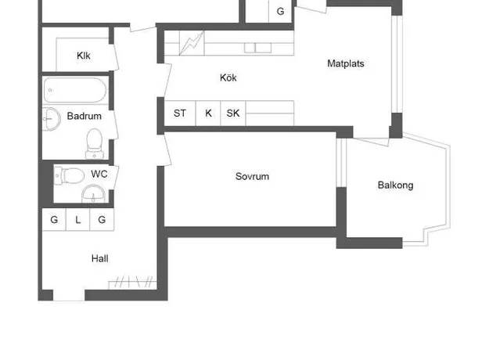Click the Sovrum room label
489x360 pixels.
(x=252, y=176)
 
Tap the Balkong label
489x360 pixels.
(x=395, y=185)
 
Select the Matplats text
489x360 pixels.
(x=346, y=63)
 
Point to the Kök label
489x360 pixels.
(x=228, y=77)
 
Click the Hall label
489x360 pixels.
(x=100, y=258)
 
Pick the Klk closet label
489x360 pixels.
(x=83, y=56)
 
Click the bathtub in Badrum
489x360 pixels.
(x=75, y=90)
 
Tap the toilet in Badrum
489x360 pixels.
(x=94, y=144)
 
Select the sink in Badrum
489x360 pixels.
(x=51, y=119)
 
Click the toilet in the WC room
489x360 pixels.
(x=69, y=176)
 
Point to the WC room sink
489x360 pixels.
(x=93, y=194)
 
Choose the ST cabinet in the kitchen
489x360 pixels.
(x=180, y=113)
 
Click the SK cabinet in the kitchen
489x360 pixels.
(x=233, y=113)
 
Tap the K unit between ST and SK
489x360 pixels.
(x=208, y=113)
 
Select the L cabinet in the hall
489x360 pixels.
(x=77, y=220)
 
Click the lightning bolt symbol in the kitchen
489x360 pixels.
(x=191, y=43)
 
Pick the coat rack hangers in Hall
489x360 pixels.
(x=132, y=282)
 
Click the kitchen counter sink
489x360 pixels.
(x=257, y=48)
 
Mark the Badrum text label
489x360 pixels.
(x=84, y=116)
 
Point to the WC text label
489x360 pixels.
(x=99, y=174)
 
